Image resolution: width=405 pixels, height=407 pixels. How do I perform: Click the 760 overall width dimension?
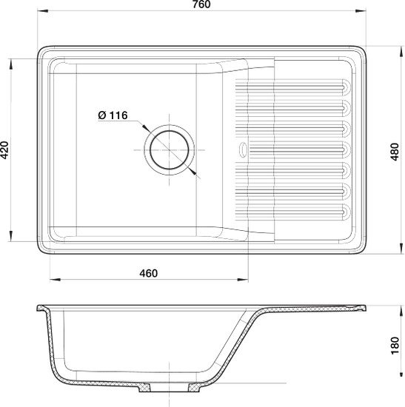click(201, 4)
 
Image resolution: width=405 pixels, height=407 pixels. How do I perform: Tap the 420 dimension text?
click(5, 150)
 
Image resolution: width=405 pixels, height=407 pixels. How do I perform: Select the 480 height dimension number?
click(395, 152)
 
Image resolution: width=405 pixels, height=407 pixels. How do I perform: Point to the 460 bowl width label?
click(148, 273)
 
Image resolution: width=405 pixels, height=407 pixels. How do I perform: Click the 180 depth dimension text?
click(395, 346)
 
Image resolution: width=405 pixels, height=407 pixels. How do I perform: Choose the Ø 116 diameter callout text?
click(113, 115)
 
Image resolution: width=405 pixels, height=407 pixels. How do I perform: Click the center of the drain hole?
click(170, 150)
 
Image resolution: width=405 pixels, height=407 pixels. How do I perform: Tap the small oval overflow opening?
click(243, 149)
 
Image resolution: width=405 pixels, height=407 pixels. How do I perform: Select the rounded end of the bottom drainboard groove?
click(347, 211)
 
